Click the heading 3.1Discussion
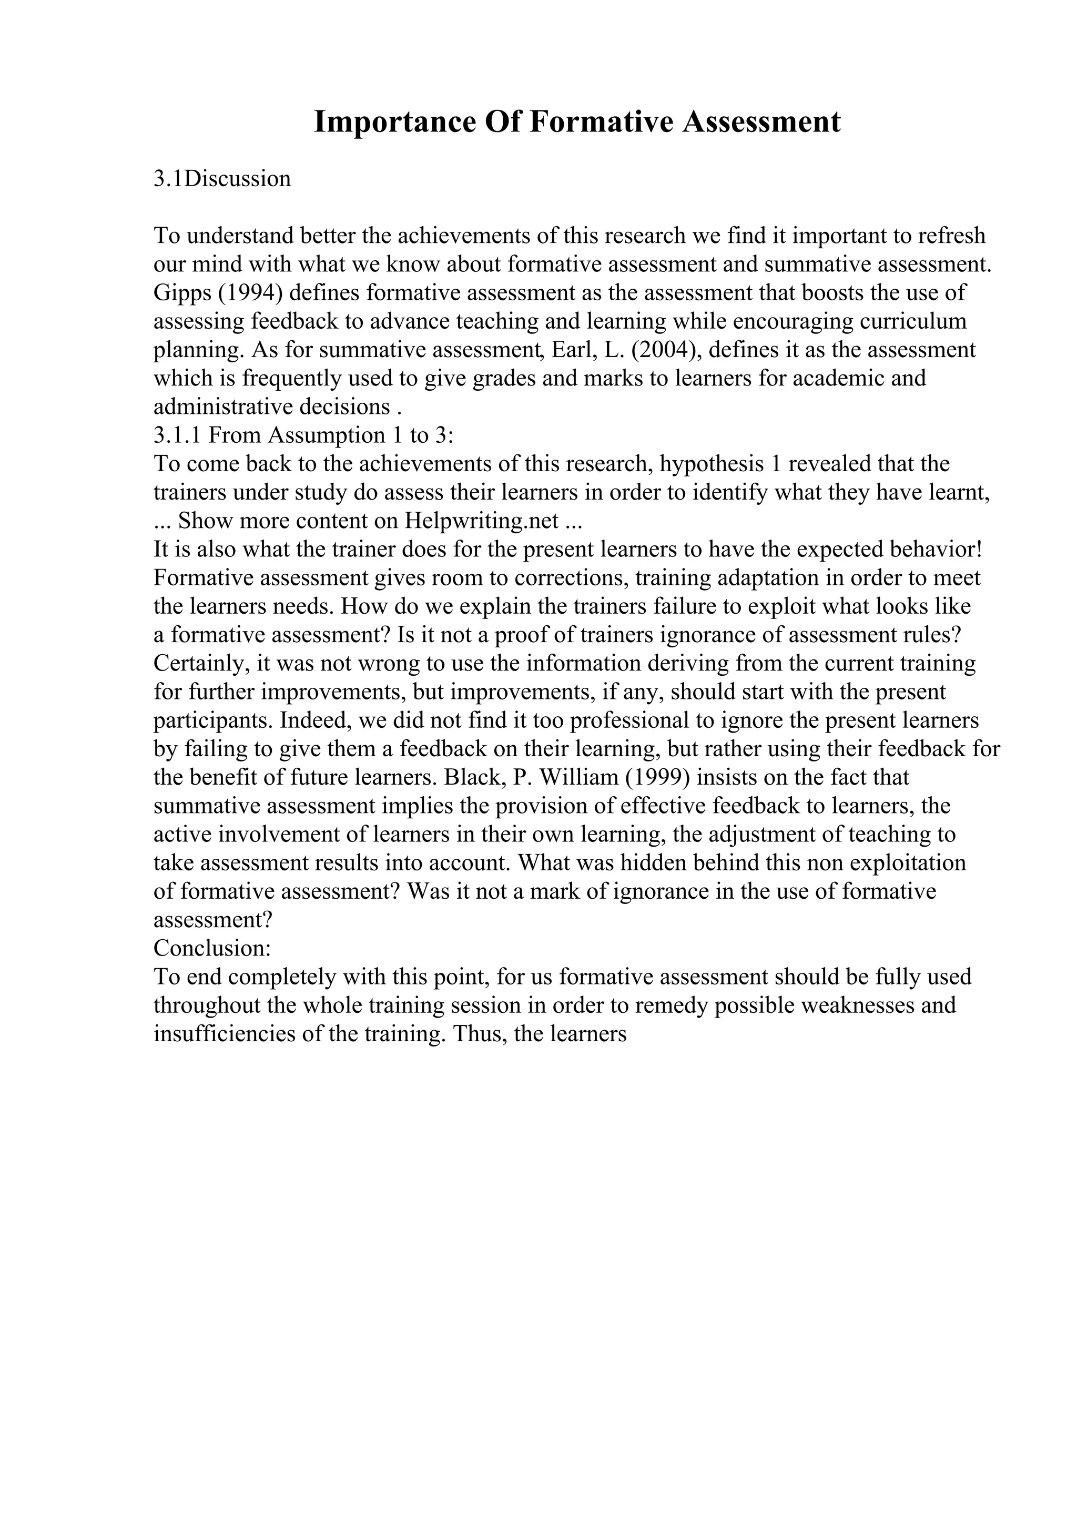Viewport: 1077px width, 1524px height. [222, 179]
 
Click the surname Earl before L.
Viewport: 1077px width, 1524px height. [572, 350]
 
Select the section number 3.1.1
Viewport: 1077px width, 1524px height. [177, 435]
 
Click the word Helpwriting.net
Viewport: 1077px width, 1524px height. [481, 521]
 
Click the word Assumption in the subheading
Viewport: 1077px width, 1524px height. [326, 435]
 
